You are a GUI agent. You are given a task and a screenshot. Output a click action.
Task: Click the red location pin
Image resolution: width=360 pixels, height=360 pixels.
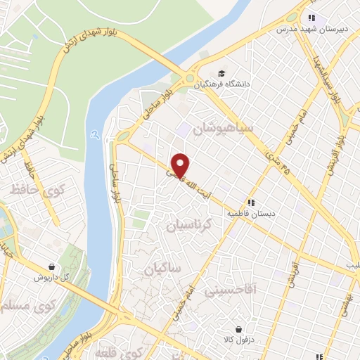(x=181, y=165)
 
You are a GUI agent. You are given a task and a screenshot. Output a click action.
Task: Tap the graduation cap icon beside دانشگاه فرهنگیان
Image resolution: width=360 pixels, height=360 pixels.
(x=221, y=73)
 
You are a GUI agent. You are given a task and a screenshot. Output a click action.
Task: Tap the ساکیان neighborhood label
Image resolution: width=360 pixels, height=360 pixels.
(x=162, y=269)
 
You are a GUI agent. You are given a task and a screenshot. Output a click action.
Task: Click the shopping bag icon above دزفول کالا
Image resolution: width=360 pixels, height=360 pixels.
(x=238, y=328)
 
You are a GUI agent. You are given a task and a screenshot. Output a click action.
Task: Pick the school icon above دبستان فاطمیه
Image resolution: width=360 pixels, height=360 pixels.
(x=251, y=202)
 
